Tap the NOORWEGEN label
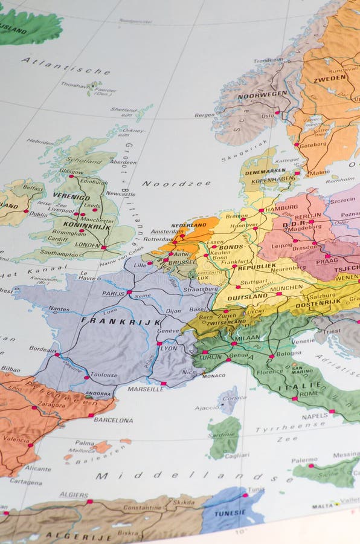tap(262, 95)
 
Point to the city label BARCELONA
tap(113, 419)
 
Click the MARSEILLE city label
tap(146, 389)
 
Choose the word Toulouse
tap(104, 375)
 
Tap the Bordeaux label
tap(43, 349)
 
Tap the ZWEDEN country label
tap(330, 79)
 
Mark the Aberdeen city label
tap(123, 162)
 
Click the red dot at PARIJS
tap(129, 293)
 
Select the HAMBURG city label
tap(281, 208)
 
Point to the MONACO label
tap(213, 375)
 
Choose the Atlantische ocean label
tap(66, 66)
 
